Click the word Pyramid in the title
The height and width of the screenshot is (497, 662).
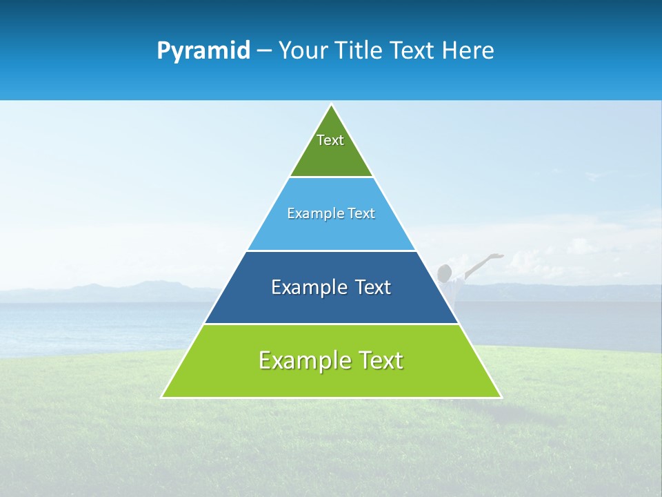click(203, 51)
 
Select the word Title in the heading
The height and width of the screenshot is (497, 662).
click(358, 50)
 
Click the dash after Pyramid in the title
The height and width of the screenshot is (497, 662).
click(264, 51)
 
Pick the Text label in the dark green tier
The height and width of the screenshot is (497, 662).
click(330, 140)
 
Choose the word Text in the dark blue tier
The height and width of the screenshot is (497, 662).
click(373, 287)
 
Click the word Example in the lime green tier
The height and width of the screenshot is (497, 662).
click(301, 360)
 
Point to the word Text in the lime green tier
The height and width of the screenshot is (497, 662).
click(379, 360)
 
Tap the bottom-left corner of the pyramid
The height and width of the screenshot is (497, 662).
click(161, 398)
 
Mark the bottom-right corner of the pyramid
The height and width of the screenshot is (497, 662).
click(501, 398)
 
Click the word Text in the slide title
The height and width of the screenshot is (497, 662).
click(412, 50)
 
